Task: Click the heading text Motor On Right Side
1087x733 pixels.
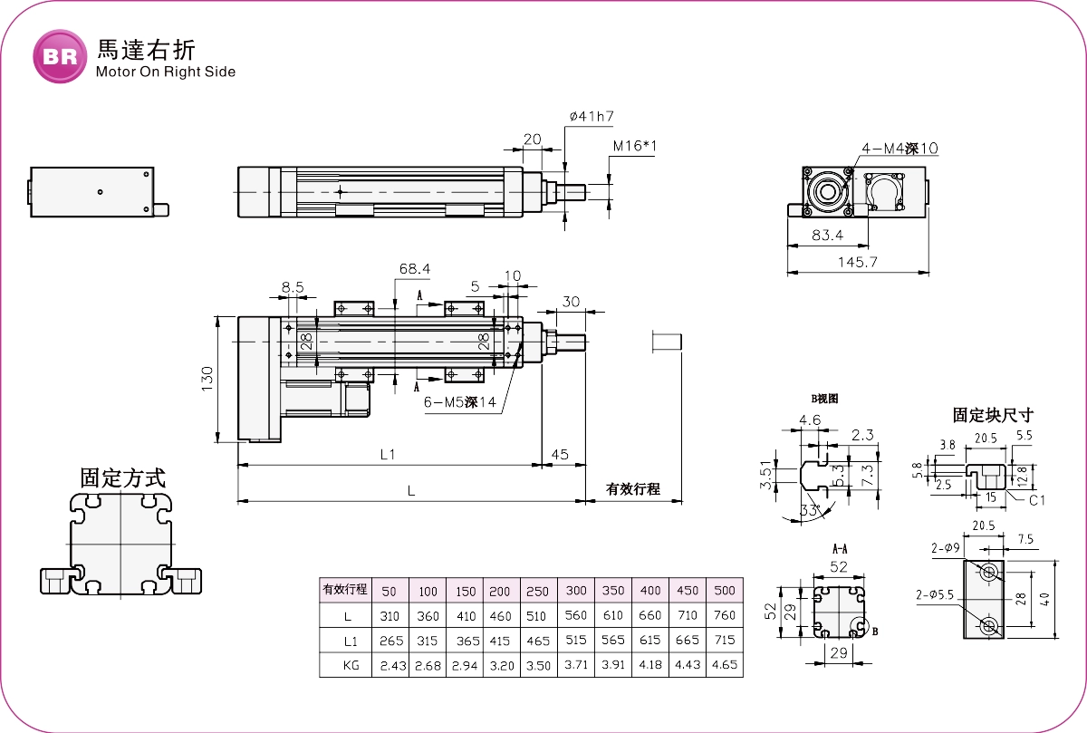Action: click(165, 72)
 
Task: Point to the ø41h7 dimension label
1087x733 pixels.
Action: click(592, 117)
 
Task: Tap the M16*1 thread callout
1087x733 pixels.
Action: click(634, 146)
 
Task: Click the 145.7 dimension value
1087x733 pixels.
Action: click(858, 263)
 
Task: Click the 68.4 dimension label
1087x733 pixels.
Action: click(415, 269)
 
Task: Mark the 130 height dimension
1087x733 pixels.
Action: click(207, 381)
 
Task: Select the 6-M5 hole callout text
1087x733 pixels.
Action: click(459, 404)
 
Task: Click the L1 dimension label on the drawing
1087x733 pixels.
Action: click(388, 454)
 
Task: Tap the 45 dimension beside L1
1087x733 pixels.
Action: click(559, 454)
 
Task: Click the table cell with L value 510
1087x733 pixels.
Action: click(538, 616)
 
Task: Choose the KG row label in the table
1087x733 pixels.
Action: click(345, 665)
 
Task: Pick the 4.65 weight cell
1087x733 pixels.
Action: click(724, 665)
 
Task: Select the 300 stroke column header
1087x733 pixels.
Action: click(575, 591)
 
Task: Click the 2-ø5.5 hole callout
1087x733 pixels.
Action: click(935, 594)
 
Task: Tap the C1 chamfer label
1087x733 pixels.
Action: click(1038, 499)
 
